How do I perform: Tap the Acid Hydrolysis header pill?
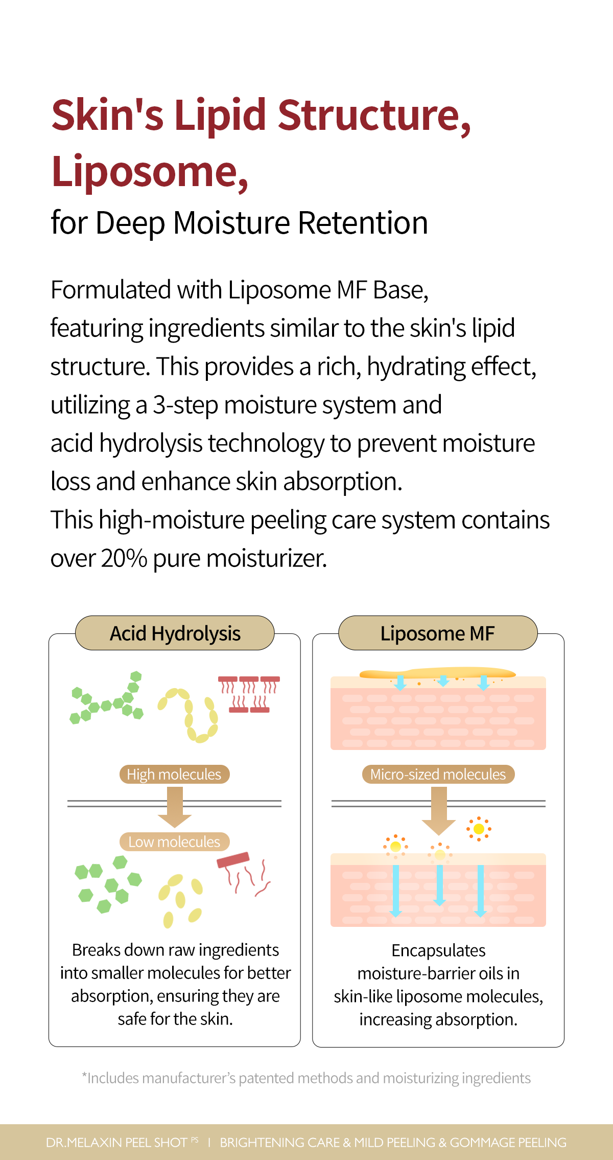(175, 633)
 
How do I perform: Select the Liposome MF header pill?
(438, 633)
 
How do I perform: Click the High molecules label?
(174, 775)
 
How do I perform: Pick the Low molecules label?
(174, 842)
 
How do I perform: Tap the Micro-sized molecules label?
(438, 775)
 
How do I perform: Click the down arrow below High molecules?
(175, 807)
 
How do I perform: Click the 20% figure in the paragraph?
(124, 558)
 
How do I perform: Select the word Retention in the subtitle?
(363, 223)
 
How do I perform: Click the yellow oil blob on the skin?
(437, 673)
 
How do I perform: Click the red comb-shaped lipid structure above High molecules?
(249, 694)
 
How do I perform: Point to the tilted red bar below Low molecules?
(233, 860)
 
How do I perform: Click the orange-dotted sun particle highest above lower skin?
(479, 829)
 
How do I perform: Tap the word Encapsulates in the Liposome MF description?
(438, 950)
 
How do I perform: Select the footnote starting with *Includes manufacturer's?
(306, 1078)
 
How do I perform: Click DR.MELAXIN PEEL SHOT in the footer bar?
(116, 1143)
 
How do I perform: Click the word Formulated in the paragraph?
(111, 290)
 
